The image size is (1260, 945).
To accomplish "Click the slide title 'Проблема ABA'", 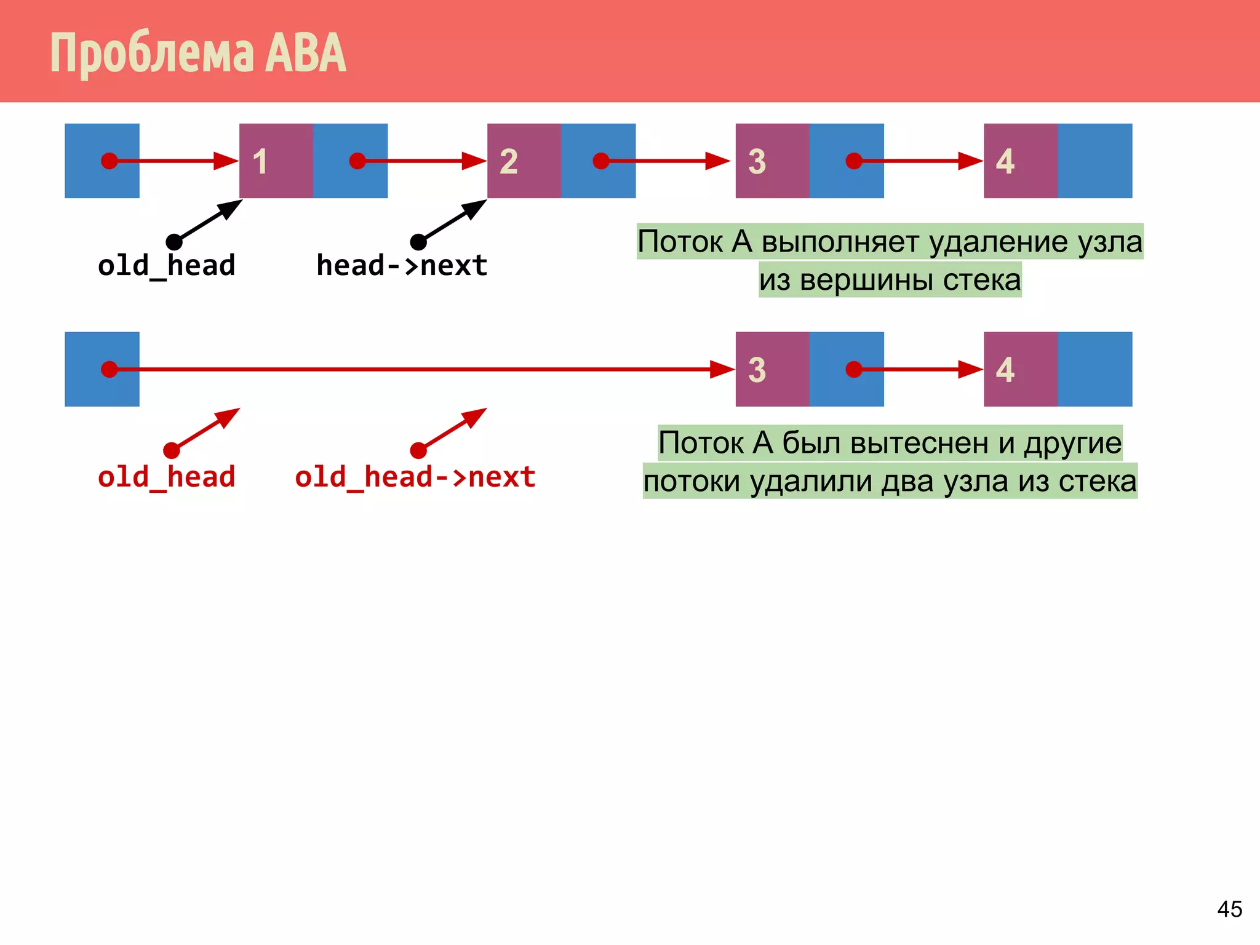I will pyautogui.click(x=197, y=54).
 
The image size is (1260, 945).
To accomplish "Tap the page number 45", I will pyautogui.click(x=1229, y=909).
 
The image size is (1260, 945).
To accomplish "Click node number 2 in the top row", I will pyautogui.click(x=524, y=161).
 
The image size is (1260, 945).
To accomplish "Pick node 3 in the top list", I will pyautogui.click(x=772, y=161).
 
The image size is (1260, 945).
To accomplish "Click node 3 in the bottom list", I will pyautogui.click(x=772, y=369).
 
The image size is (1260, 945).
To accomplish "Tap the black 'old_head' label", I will pyautogui.click(x=166, y=266).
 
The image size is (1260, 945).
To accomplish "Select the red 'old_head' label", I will pyautogui.click(x=166, y=477).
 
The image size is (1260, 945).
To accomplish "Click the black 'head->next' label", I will pyautogui.click(x=401, y=266).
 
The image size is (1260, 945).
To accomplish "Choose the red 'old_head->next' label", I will pyautogui.click(x=415, y=477).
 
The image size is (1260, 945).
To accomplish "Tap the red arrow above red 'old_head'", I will pyautogui.click(x=205, y=429).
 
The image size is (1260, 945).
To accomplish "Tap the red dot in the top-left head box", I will pyautogui.click(x=109, y=161).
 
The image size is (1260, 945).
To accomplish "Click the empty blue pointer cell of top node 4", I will pyautogui.click(x=1095, y=161).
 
